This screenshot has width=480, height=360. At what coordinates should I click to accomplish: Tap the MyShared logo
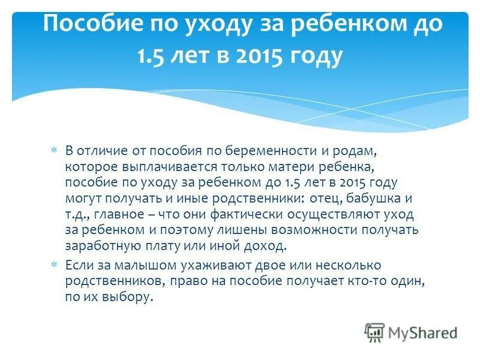tap(411, 332)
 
